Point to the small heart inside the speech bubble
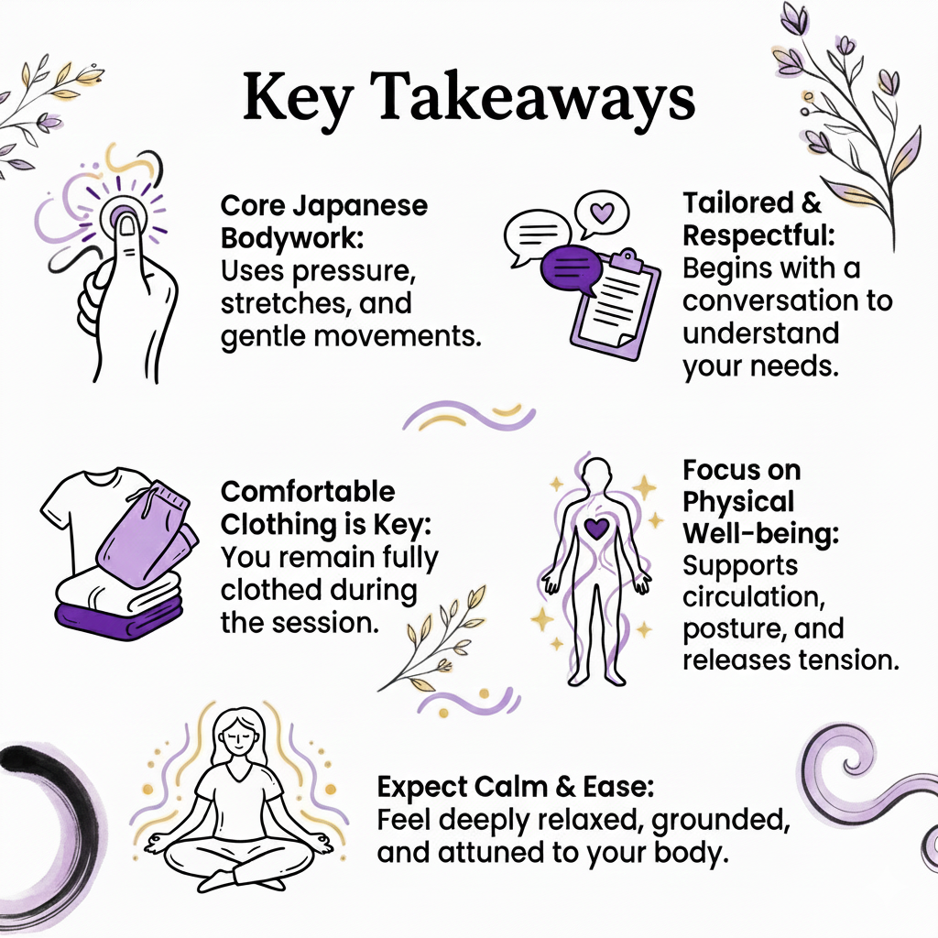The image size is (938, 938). [x=601, y=213]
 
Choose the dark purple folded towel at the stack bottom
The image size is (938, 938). [x=119, y=615]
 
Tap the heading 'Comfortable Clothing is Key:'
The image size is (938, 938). [x=308, y=508]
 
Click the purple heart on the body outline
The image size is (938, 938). [x=596, y=529]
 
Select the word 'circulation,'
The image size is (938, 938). [x=748, y=597]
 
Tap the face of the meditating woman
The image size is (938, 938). [x=236, y=731]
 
